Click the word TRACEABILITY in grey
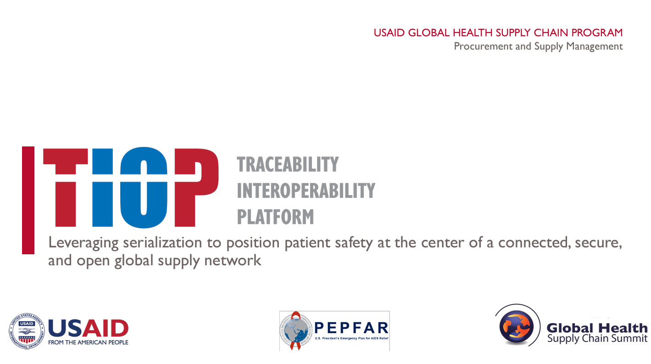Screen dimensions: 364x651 click(288, 164)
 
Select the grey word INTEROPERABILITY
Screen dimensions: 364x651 click(306, 190)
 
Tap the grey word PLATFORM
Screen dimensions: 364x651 click(275, 217)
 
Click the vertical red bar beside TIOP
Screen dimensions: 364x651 click(28, 200)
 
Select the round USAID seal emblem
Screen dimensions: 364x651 click(26, 331)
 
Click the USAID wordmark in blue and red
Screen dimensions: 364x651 click(88, 328)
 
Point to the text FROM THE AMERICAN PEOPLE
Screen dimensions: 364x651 click(88, 342)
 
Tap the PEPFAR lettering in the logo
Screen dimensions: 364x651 click(351, 328)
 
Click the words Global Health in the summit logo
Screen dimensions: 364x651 click(596, 328)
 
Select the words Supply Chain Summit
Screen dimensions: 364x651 click(597, 339)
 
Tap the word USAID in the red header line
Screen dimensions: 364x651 click(389, 33)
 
